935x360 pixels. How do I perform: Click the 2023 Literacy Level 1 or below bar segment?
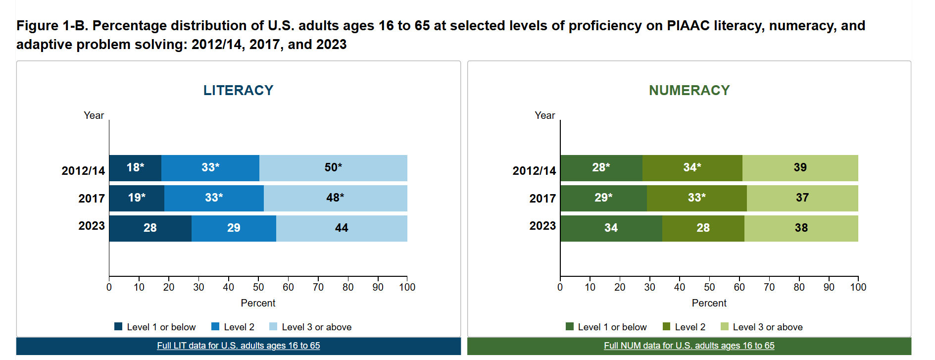click(150, 228)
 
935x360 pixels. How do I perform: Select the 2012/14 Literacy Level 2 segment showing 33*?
click(210, 168)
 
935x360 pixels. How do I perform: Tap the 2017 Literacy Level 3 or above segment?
click(336, 198)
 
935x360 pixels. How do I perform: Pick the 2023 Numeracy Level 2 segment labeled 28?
click(703, 228)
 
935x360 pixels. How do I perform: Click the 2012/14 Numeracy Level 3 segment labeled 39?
click(800, 168)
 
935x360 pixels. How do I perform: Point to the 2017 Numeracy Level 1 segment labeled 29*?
click(604, 198)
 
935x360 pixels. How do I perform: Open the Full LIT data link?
click(239, 346)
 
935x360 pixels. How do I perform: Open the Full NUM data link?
click(689, 346)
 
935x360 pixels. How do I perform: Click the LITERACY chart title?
click(239, 90)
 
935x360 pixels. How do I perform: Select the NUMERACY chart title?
click(689, 90)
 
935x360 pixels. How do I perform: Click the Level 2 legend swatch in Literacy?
click(215, 326)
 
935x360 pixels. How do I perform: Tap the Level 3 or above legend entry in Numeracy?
click(762, 327)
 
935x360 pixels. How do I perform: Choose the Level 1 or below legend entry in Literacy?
click(155, 327)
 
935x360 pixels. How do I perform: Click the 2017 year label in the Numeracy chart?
click(542, 199)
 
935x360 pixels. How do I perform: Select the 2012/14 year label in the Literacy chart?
click(83, 171)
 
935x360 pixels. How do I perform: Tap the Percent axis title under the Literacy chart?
click(258, 303)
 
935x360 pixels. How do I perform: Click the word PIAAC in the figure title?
click(691, 26)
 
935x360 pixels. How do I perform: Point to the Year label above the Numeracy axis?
click(545, 115)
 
